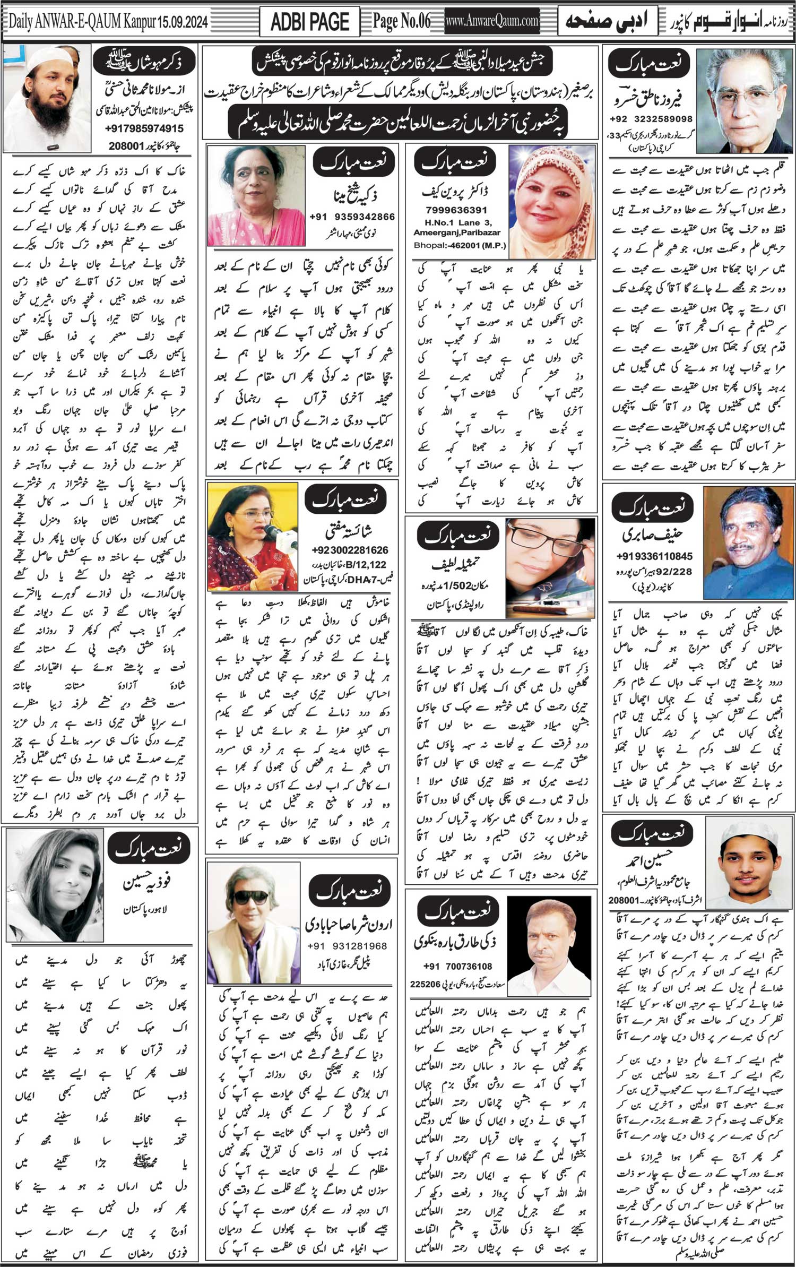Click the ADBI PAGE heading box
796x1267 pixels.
309,22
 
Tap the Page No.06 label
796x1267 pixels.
402,21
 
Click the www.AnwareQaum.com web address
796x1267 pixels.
492,22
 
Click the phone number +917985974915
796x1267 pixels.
144,128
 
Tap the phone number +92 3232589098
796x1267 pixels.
651,119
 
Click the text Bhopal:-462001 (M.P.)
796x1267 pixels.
460,246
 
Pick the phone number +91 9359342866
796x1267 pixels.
352,217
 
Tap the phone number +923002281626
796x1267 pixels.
350,550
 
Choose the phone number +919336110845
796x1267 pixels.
654,556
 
